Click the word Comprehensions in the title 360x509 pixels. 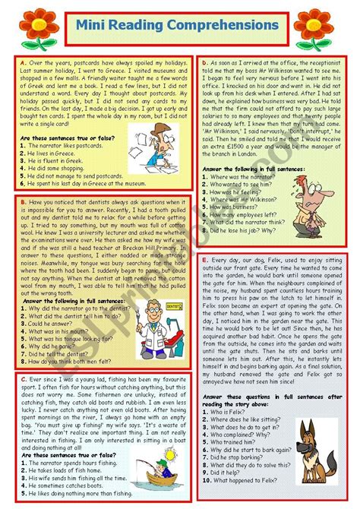coord(223,26)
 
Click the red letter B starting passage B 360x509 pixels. coord(24,203)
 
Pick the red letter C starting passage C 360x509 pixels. coord(24,378)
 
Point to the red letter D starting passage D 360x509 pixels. coord(204,59)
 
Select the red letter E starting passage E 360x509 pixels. coord(206,261)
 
